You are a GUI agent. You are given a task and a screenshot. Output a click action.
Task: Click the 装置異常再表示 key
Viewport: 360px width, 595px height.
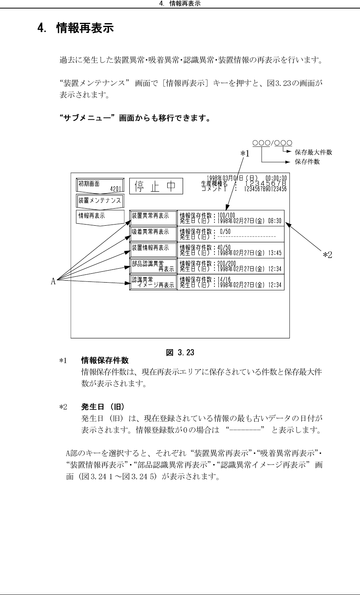[153, 216]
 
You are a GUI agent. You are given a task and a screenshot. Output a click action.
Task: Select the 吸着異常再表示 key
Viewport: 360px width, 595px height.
[153, 232]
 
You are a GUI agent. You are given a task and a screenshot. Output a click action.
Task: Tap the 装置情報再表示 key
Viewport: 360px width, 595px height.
[153, 248]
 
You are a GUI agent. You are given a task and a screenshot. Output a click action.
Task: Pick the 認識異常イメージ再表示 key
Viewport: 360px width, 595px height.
[153, 282]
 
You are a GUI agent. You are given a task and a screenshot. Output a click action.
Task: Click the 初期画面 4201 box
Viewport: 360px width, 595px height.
[100, 186]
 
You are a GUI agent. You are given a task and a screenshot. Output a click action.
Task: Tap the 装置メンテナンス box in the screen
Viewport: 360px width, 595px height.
[100, 201]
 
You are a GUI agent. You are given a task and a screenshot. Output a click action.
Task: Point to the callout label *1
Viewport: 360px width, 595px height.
[244, 154]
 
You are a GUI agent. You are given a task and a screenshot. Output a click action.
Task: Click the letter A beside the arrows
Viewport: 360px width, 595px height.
[53, 281]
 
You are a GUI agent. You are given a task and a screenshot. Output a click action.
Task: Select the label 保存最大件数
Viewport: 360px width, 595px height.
[314, 152]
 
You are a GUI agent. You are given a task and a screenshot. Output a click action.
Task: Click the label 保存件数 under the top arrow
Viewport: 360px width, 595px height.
[307, 161]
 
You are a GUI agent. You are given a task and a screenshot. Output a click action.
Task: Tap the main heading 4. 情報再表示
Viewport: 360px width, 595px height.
[75, 28]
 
